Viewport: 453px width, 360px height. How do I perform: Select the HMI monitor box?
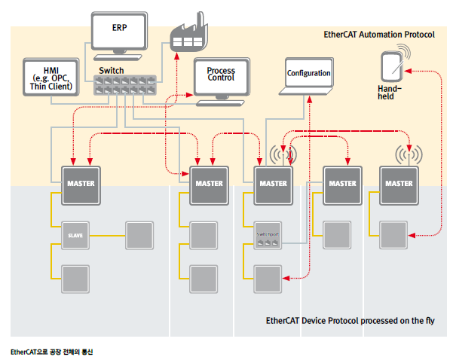pyautogui.click(x=52, y=78)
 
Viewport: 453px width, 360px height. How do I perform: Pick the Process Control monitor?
pyautogui.click(x=220, y=75)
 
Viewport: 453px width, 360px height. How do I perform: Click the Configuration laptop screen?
pyautogui.click(x=309, y=74)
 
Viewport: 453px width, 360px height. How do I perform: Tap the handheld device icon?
pyautogui.click(x=391, y=69)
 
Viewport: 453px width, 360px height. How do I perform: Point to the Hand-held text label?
pyautogui.click(x=390, y=92)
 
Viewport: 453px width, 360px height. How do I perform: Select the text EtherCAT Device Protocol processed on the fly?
pyautogui.click(x=350, y=320)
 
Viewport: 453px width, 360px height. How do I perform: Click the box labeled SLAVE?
pyautogui.click(x=76, y=235)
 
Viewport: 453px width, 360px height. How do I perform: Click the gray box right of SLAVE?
pyautogui.click(x=139, y=235)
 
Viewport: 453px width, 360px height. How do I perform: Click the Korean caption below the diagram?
pyautogui.click(x=53, y=351)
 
